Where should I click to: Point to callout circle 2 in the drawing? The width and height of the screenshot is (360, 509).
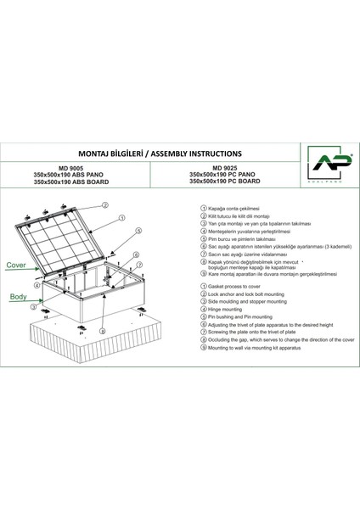(129, 205)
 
